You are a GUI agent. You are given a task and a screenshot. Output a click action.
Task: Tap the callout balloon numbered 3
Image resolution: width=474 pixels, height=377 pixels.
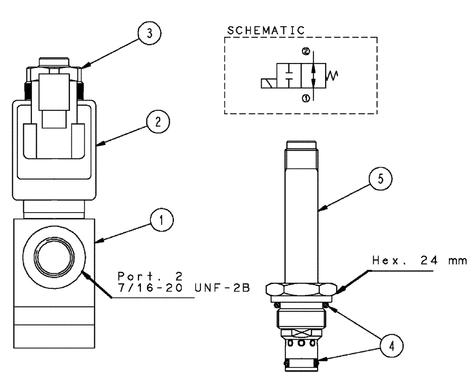(148, 35)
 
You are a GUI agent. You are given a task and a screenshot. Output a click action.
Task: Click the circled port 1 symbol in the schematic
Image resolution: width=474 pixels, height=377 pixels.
(306, 98)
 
